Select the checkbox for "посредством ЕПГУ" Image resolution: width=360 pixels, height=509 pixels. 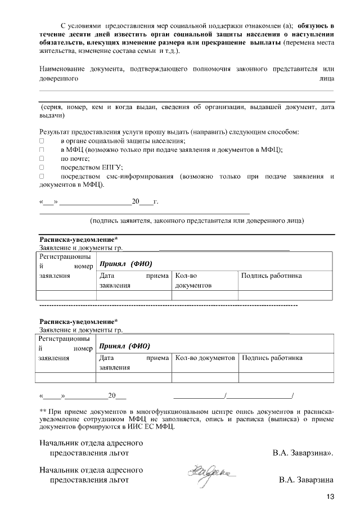(x=41, y=167)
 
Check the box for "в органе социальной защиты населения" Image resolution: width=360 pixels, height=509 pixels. (x=41, y=141)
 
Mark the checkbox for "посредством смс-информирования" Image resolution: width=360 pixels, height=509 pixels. (x=41, y=176)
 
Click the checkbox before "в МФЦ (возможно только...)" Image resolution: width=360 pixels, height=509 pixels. (x=41, y=150)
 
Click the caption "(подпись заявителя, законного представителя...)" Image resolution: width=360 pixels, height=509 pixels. (x=197, y=220)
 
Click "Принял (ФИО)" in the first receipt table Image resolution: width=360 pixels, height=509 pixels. (x=126, y=263)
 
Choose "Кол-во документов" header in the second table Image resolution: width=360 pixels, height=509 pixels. (x=205, y=358)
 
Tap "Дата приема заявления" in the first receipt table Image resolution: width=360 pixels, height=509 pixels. (x=134, y=280)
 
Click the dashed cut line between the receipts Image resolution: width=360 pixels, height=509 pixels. (x=169, y=304)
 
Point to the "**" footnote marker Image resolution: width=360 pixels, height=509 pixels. (x=42, y=412)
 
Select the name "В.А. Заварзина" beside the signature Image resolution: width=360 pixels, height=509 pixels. (x=306, y=480)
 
